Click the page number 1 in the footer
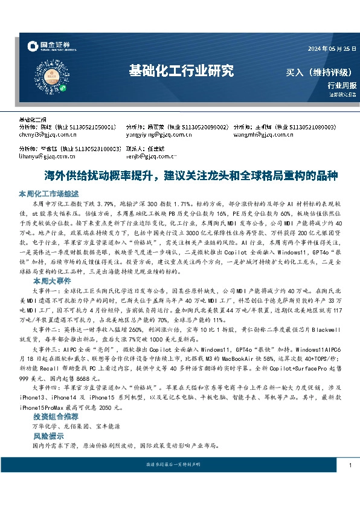350,465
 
